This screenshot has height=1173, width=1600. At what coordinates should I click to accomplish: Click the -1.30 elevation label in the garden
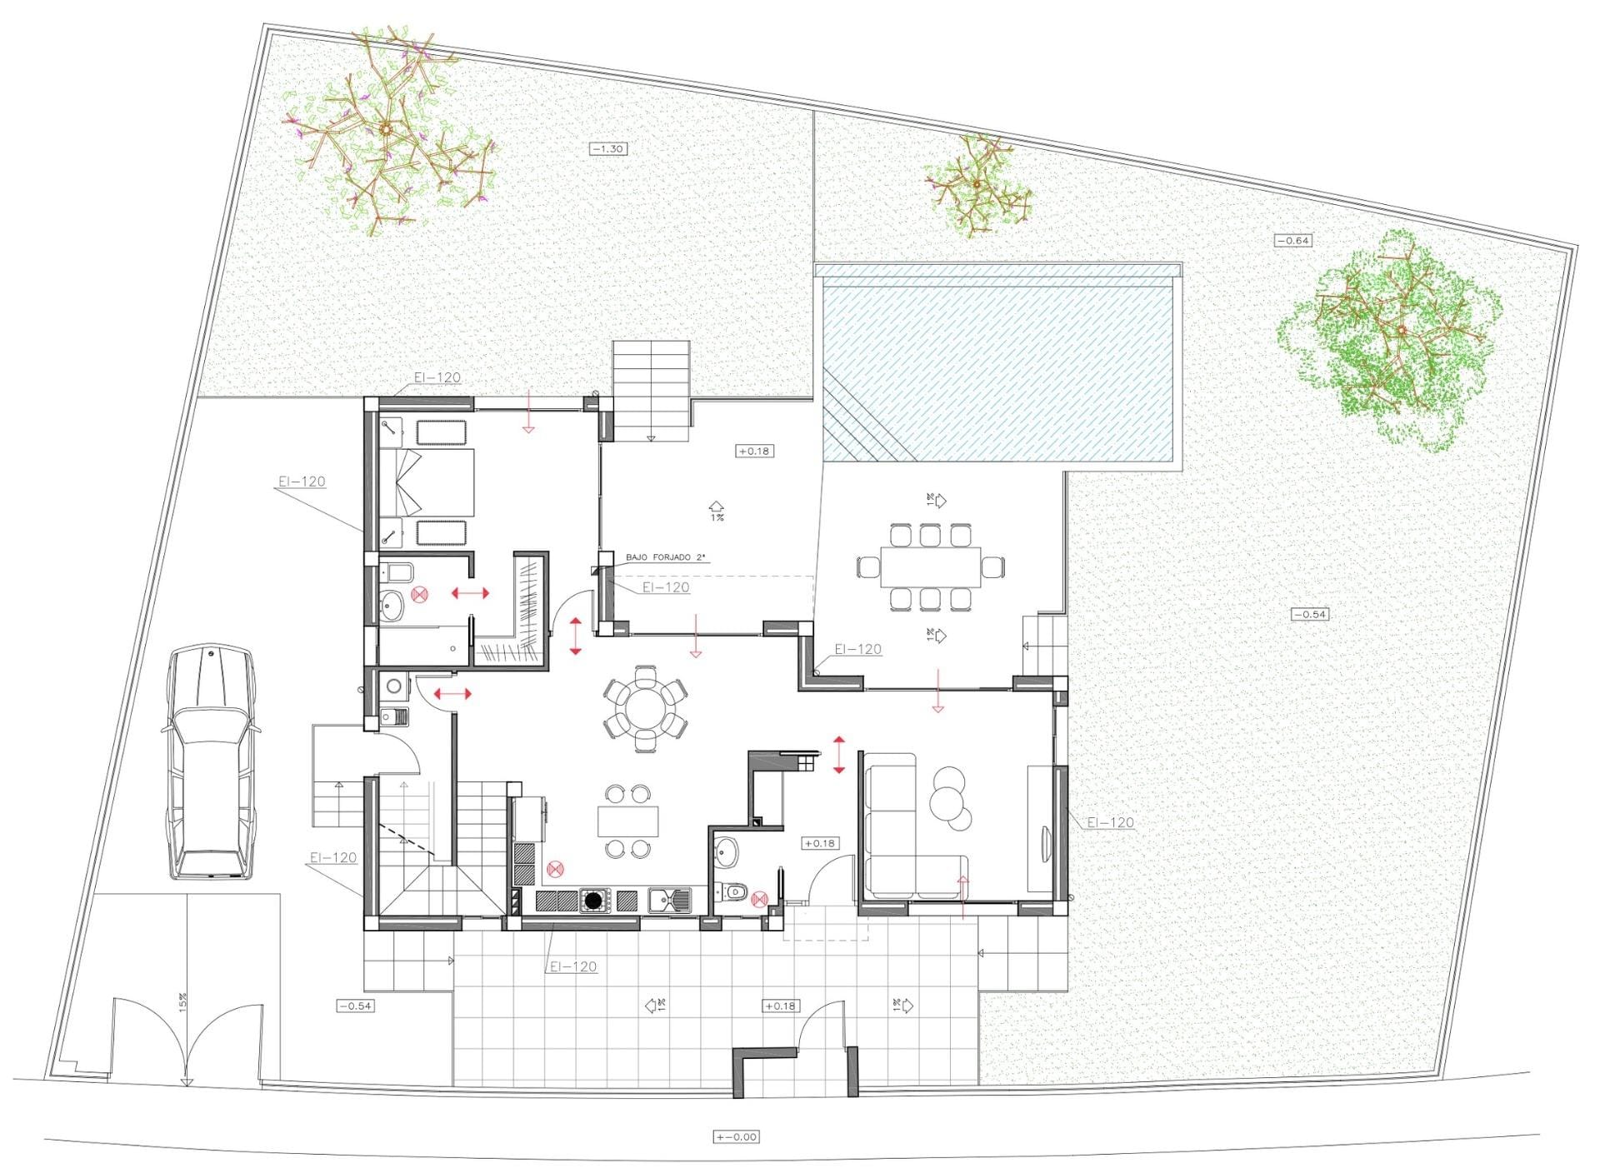coord(608,149)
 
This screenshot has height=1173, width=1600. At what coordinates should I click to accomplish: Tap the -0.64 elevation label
coord(1293,241)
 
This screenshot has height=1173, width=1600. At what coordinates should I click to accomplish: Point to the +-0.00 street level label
coord(737,1136)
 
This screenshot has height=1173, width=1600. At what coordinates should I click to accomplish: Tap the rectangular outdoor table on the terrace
coord(930,567)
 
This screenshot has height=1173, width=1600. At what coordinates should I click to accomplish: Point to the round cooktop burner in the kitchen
coord(593,901)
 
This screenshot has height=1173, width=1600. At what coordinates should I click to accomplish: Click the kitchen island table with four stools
coord(627,821)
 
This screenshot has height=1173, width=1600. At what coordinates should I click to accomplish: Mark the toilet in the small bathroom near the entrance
coord(734,892)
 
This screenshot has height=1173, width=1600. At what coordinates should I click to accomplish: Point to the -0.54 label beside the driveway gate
coord(355,1006)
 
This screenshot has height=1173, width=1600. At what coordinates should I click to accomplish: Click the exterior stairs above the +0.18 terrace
coord(652,390)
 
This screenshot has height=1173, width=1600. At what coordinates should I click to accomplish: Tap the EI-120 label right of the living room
coord(1110,822)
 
